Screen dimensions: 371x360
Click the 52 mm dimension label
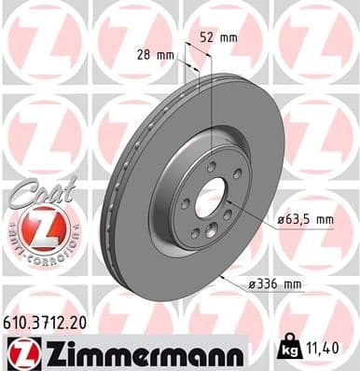[219, 37]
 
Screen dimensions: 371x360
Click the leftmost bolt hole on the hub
[186, 203]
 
